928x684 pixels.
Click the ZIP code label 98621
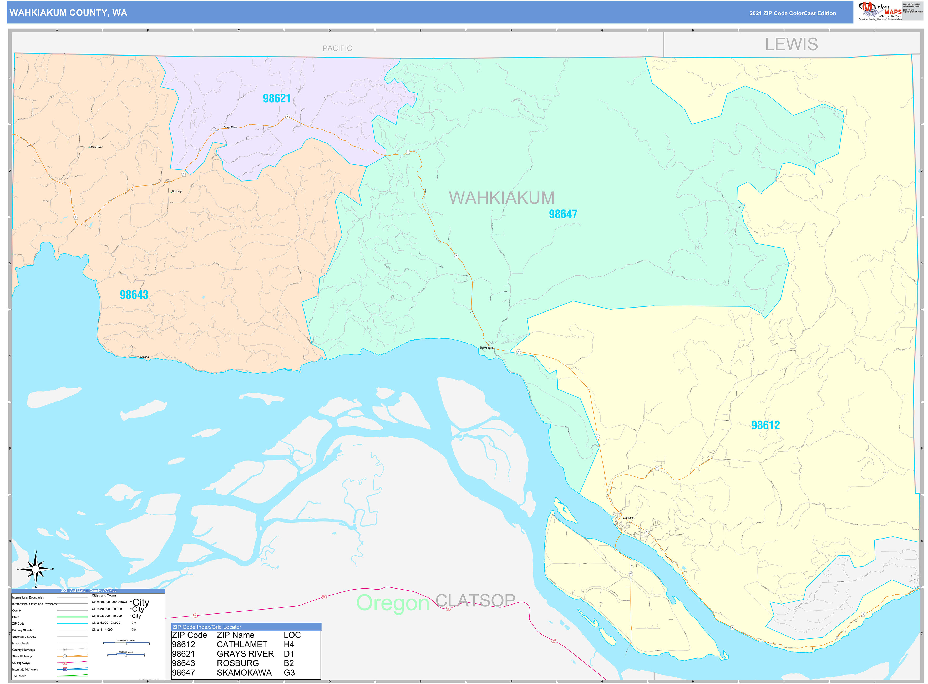[x=277, y=99]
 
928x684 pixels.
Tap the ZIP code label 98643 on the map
[x=134, y=295]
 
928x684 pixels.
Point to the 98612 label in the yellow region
[x=765, y=425]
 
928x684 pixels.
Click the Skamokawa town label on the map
[x=486, y=347]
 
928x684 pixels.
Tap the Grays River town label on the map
[x=230, y=127]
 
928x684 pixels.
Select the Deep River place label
[x=96, y=147]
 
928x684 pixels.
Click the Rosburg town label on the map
[x=177, y=191]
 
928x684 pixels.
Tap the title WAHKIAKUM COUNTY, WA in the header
[x=68, y=13]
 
